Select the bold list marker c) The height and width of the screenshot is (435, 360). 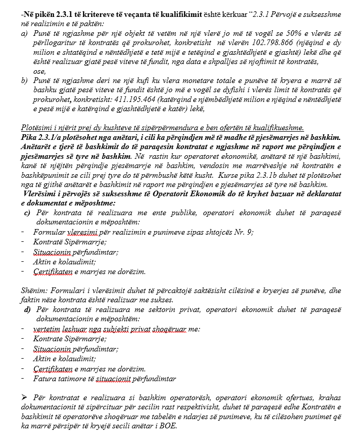pyautogui.click(x=28, y=213)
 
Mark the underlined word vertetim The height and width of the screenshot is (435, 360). pyautogui.click(x=47, y=329)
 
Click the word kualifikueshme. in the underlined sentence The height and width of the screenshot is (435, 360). pyautogui.click(x=278, y=129)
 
